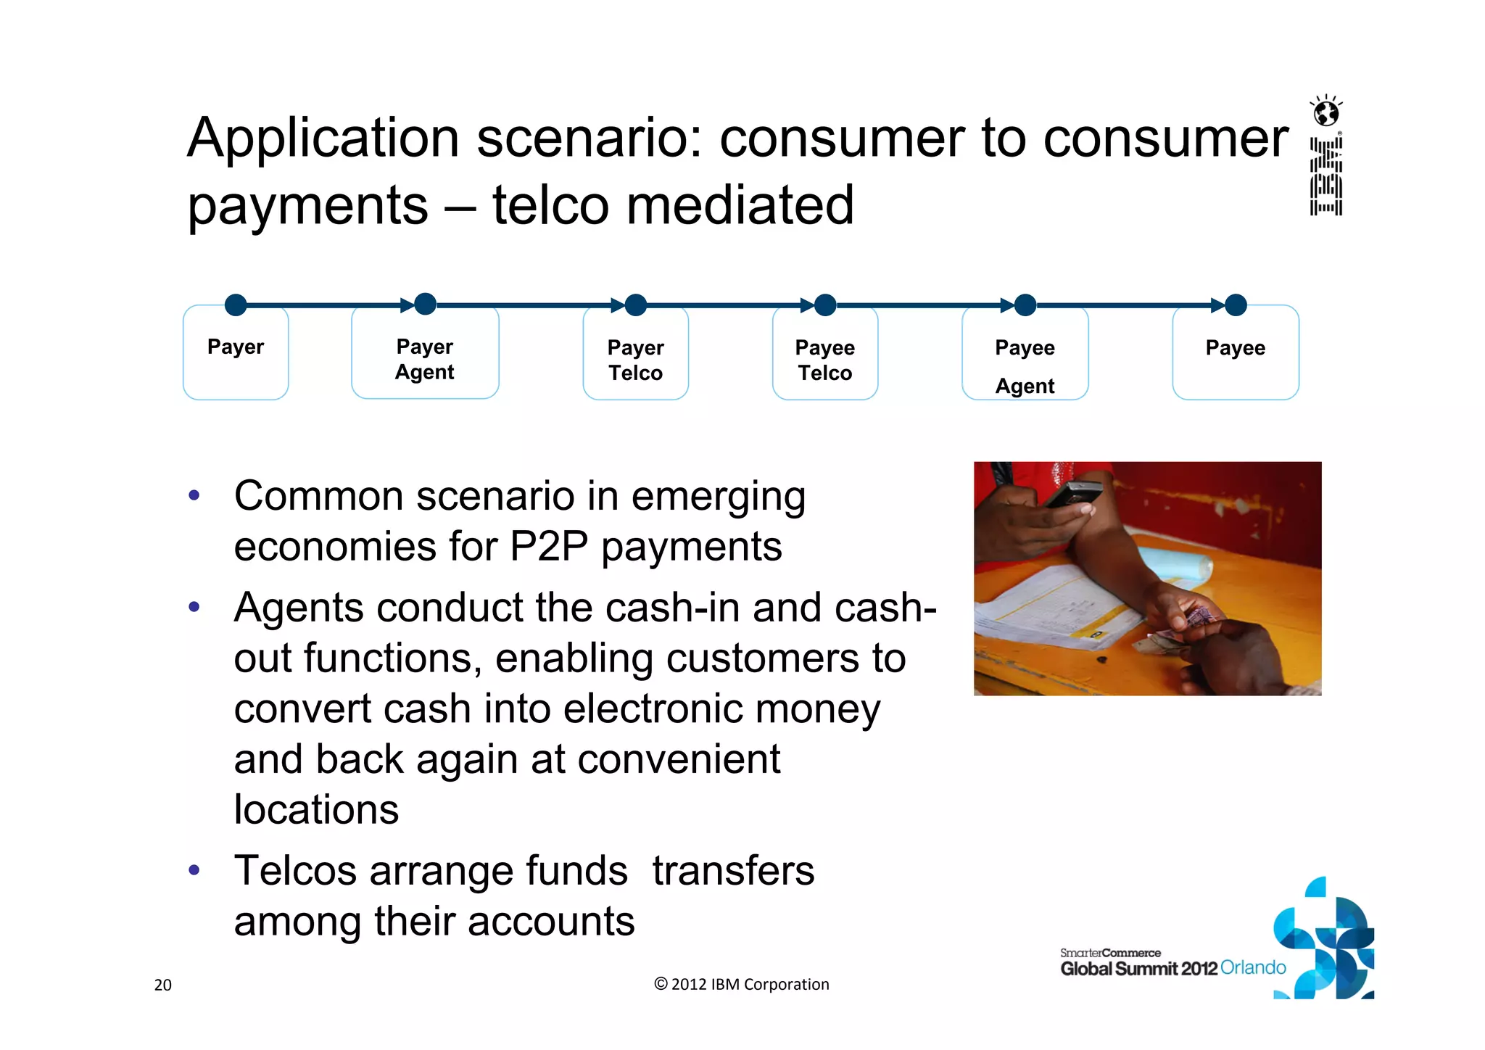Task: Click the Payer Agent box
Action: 425,359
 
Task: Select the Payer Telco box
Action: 635,360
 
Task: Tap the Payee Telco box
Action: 824,360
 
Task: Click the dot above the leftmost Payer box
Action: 236,305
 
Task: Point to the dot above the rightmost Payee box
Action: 1236,305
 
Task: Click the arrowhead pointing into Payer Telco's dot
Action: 617,305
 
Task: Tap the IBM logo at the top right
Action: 1326,177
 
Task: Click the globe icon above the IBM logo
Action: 1326,112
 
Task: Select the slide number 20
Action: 163,985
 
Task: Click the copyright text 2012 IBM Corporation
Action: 742,984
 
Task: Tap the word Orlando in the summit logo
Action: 1253,967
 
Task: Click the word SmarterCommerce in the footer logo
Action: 1110,953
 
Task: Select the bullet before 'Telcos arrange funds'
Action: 194,869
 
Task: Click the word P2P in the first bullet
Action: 548,546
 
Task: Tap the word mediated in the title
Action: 740,205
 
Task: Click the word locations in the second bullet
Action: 316,809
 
